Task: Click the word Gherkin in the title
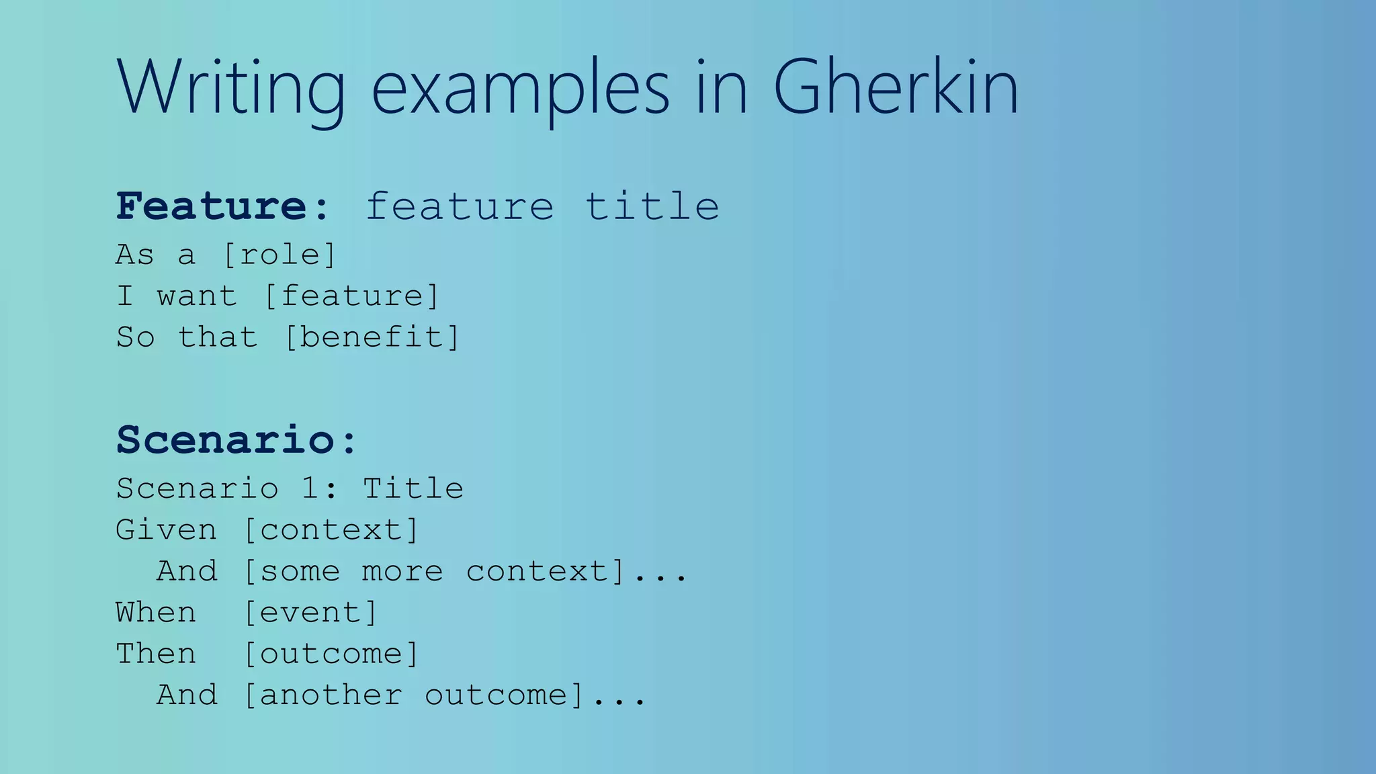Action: coord(896,87)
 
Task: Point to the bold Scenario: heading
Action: coord(236,440)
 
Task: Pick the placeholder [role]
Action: coord(279,255)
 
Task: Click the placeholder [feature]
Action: coord(351,296)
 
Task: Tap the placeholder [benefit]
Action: coord(372,337)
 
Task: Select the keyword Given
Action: coord(166,530)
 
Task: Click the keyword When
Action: coord(156,613)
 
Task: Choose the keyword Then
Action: coord(156,654)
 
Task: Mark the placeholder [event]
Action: coord(310,613)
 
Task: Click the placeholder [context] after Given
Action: coord(331,530)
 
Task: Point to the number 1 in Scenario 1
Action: coord(310,488)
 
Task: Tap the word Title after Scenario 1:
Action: coord(413,488)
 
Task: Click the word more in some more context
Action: coord(402,572)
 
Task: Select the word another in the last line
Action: coord(331,695)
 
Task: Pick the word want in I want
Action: coord(197,296)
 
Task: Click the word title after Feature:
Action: coord(652,206)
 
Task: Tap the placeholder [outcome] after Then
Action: coord(331,654)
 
